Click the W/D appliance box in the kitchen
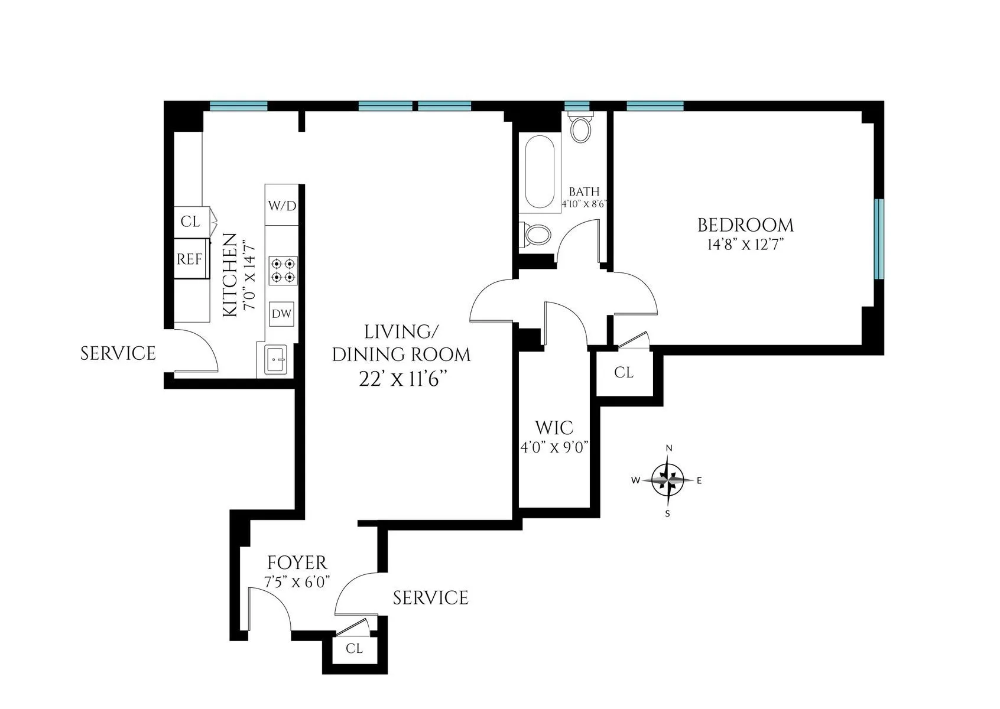(282, 206)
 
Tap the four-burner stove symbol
(283, 270)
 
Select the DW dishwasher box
(281, 314)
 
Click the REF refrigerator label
(189, 259)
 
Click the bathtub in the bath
(540, 172)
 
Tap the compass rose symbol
(668, 480)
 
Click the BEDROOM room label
(745, 225)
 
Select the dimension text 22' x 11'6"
(401, 379)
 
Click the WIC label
(553, 427)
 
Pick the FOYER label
(297, 562)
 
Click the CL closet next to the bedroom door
(624, 373)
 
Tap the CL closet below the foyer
(354, 649)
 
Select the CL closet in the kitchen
(190, 222)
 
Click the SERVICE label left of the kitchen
(118, 353)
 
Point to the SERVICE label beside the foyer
(430, 598)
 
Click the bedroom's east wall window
(879, 239)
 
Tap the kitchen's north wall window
(239, 106)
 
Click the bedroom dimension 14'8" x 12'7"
(745, 245)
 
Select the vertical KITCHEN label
(230, 276)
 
